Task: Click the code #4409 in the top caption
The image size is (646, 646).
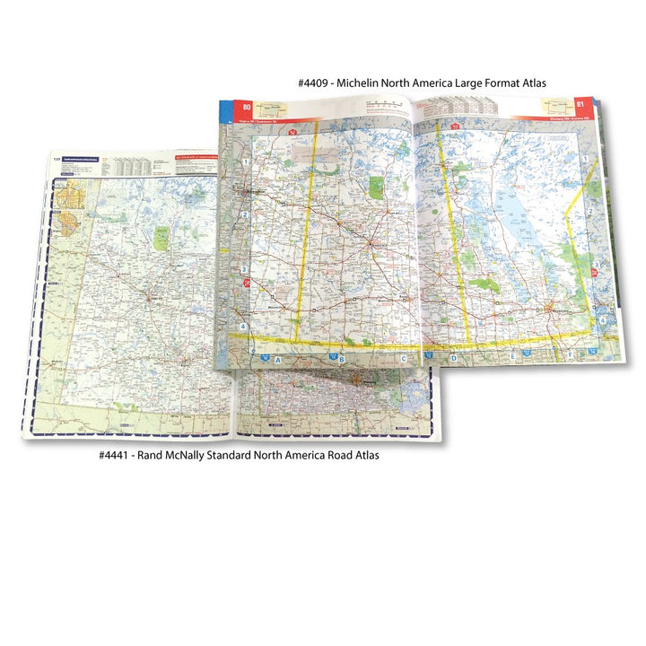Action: click(317, 83)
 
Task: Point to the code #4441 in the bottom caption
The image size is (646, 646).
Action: click(118, 456)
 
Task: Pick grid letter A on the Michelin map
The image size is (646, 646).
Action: click(278, 360)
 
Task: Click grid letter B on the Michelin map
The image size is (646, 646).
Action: click(341, 361)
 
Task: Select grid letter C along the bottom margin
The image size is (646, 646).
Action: click(405, 360)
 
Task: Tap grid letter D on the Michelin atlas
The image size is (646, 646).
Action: click(453, 359)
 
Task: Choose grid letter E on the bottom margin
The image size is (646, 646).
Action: click(513, 356)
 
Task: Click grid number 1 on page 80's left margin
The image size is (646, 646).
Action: click(245, 161)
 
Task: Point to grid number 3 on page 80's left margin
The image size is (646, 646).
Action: click(243, 270)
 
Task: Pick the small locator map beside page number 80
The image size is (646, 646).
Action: click(275, 109)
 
